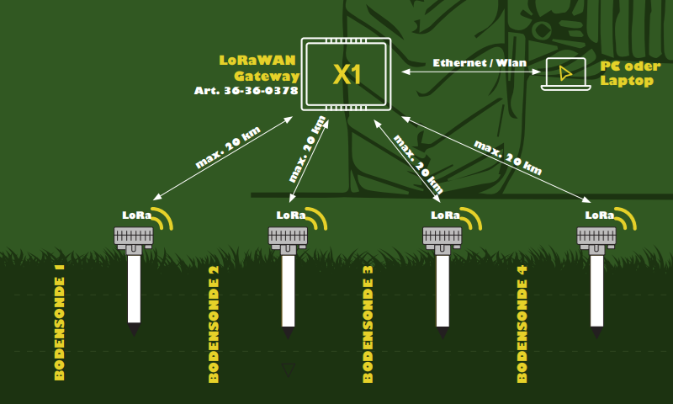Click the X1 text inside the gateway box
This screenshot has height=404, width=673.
pos(347,74)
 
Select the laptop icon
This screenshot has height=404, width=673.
pos(564,74)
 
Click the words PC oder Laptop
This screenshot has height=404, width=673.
pos(630,74)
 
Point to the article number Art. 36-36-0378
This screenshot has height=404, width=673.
pos(246,91)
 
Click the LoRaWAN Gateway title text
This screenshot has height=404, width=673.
pos(259,68)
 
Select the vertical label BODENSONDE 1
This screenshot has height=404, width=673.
pos(60,323)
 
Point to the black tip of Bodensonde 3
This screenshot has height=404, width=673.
pos(442,332)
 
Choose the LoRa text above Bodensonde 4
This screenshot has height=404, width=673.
pos(600,215)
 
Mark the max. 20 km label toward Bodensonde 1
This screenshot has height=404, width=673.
pos(228,148)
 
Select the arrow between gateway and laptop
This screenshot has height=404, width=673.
pos(470,73)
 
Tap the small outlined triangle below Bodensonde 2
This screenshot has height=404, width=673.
pos(288,369)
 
